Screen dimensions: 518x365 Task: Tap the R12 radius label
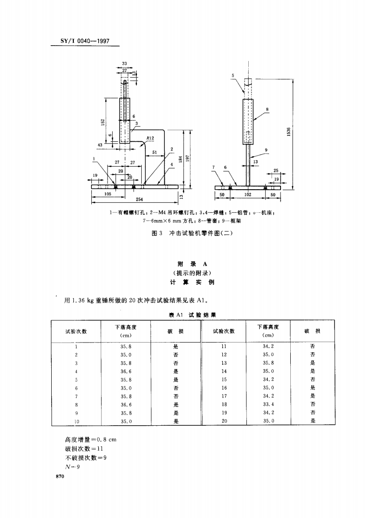click(x=150, y=138)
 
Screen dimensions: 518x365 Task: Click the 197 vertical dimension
click(x=188, y=158)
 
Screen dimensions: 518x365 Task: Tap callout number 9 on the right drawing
click(x=266, y=150)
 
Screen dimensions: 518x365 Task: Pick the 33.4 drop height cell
click(x=268, y=404)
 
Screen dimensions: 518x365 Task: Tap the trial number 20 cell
click(x=224, y=421)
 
